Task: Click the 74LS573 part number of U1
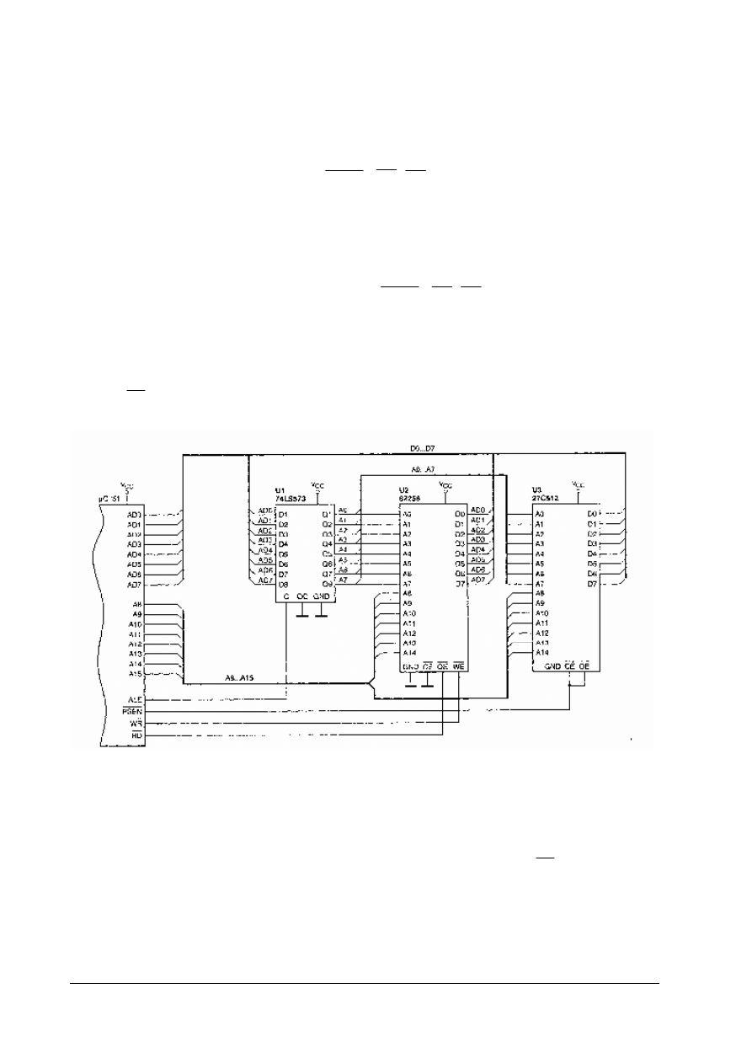coord(292,500)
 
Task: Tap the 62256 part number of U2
coord(410,499)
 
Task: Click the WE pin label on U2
coord(459,666)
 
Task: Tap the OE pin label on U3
coord(584,666)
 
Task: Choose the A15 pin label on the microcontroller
coord(134,673)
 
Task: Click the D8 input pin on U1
coord(283,583)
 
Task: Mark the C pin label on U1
coord(287,596)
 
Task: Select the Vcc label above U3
coord(578,484)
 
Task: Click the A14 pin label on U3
coord(541,652)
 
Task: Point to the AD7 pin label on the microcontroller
coord(134,585)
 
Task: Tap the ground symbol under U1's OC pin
coord(301,615)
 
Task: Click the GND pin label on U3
coord(552,666)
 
